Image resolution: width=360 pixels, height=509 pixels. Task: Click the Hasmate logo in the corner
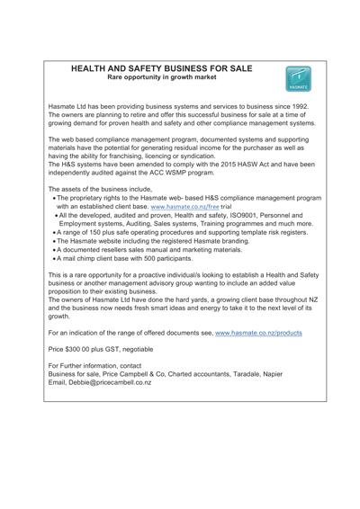click(x=297, y=80)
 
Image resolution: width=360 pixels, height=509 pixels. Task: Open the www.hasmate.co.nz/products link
click(x=258, y=333)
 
